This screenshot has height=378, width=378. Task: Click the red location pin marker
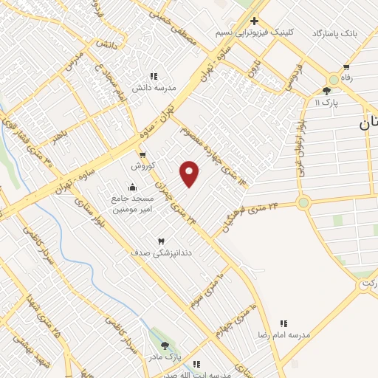190,173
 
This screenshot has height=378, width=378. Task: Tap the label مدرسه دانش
154,87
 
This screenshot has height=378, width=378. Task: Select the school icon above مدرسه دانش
154,75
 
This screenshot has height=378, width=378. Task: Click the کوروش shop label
142,166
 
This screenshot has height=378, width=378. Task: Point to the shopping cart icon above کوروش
142,155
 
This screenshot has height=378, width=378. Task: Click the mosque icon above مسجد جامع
133,188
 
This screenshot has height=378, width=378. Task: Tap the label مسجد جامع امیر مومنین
134,205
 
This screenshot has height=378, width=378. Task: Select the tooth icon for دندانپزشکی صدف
161,241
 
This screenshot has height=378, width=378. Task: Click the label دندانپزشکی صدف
151,252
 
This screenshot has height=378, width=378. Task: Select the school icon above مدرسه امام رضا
283,323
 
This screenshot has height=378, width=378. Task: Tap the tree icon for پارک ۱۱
327,91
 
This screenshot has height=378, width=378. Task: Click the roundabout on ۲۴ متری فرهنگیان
303,202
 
